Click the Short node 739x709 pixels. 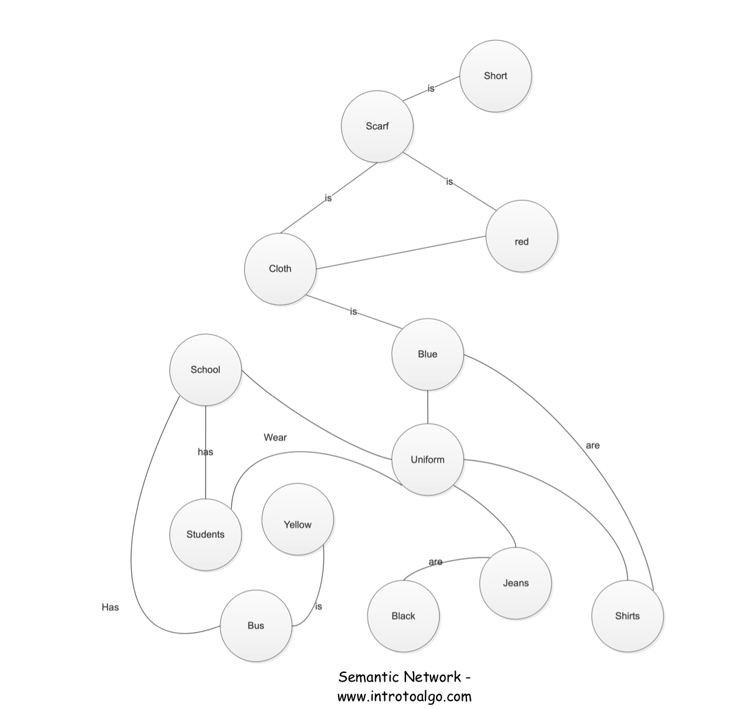(496, 76)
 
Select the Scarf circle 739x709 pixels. (377, 126)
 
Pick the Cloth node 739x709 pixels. (280, 268)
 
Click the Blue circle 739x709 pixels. (427, 354)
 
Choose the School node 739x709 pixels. (205, 370)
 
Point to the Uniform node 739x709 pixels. (427, 460)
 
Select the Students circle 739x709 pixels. (205, 534)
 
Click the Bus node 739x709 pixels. (256, 626)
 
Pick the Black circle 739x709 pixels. (403, 616)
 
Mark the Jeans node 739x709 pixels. (515, 583)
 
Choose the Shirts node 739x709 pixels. (627, 616)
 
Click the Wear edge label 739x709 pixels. (275, 437)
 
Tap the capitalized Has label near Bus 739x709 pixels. (110, 607)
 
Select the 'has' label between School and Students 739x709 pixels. (206, 452)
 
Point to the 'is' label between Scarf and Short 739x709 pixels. (430, 88)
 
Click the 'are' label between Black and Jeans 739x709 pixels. (435, 562)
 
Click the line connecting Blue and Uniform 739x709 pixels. (427, 407)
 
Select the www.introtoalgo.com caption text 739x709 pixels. (404, 696)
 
